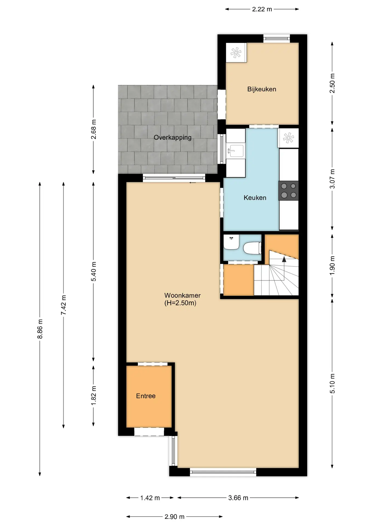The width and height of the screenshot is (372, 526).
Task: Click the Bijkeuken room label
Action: (262, 89)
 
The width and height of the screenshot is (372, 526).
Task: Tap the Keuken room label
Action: (255, 198)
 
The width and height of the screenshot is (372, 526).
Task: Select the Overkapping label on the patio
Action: (173, 138)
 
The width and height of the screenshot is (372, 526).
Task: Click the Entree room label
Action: (146, 396)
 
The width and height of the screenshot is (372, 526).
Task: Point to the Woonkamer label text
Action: (182, 296)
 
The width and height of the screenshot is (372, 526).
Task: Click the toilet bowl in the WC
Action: (252, 248)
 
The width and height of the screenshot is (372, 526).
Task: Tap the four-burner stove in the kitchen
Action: (288, 191)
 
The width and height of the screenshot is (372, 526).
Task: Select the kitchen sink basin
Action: (235, 151)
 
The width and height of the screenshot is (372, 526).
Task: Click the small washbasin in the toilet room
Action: (231, 242)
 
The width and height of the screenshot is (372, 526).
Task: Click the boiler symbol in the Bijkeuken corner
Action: (236, 52)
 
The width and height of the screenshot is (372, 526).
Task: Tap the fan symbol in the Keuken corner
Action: (288, 138)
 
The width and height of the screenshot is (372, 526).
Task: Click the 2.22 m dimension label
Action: (262, 9)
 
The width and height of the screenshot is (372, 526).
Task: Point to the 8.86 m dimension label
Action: (40, 329)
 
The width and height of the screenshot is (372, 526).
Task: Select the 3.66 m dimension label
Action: (238, 498)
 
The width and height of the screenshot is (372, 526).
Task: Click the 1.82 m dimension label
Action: (94, 396)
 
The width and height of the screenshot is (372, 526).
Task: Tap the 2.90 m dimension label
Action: (174, 517)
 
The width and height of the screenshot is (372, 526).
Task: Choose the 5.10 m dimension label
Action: (332, 384)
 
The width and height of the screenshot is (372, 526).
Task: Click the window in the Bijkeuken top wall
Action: (277, 38)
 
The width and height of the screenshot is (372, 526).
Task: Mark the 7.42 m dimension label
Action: (64, 305)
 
